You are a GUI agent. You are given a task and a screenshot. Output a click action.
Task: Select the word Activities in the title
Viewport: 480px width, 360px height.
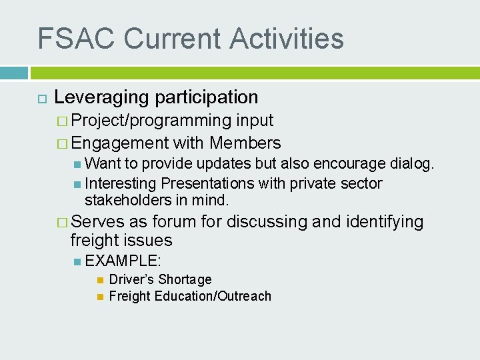(287, 38)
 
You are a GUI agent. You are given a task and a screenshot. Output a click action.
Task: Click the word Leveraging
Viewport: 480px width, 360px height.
(101, 97)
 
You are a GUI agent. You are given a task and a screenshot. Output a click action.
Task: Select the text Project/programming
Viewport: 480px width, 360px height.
(151, 121)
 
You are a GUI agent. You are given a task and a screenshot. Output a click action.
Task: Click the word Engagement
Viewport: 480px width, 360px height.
(120, 143)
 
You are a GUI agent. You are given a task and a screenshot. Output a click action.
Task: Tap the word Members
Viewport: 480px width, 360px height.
(245, 143)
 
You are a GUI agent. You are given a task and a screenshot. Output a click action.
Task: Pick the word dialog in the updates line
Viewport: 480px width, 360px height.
(414, 164)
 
